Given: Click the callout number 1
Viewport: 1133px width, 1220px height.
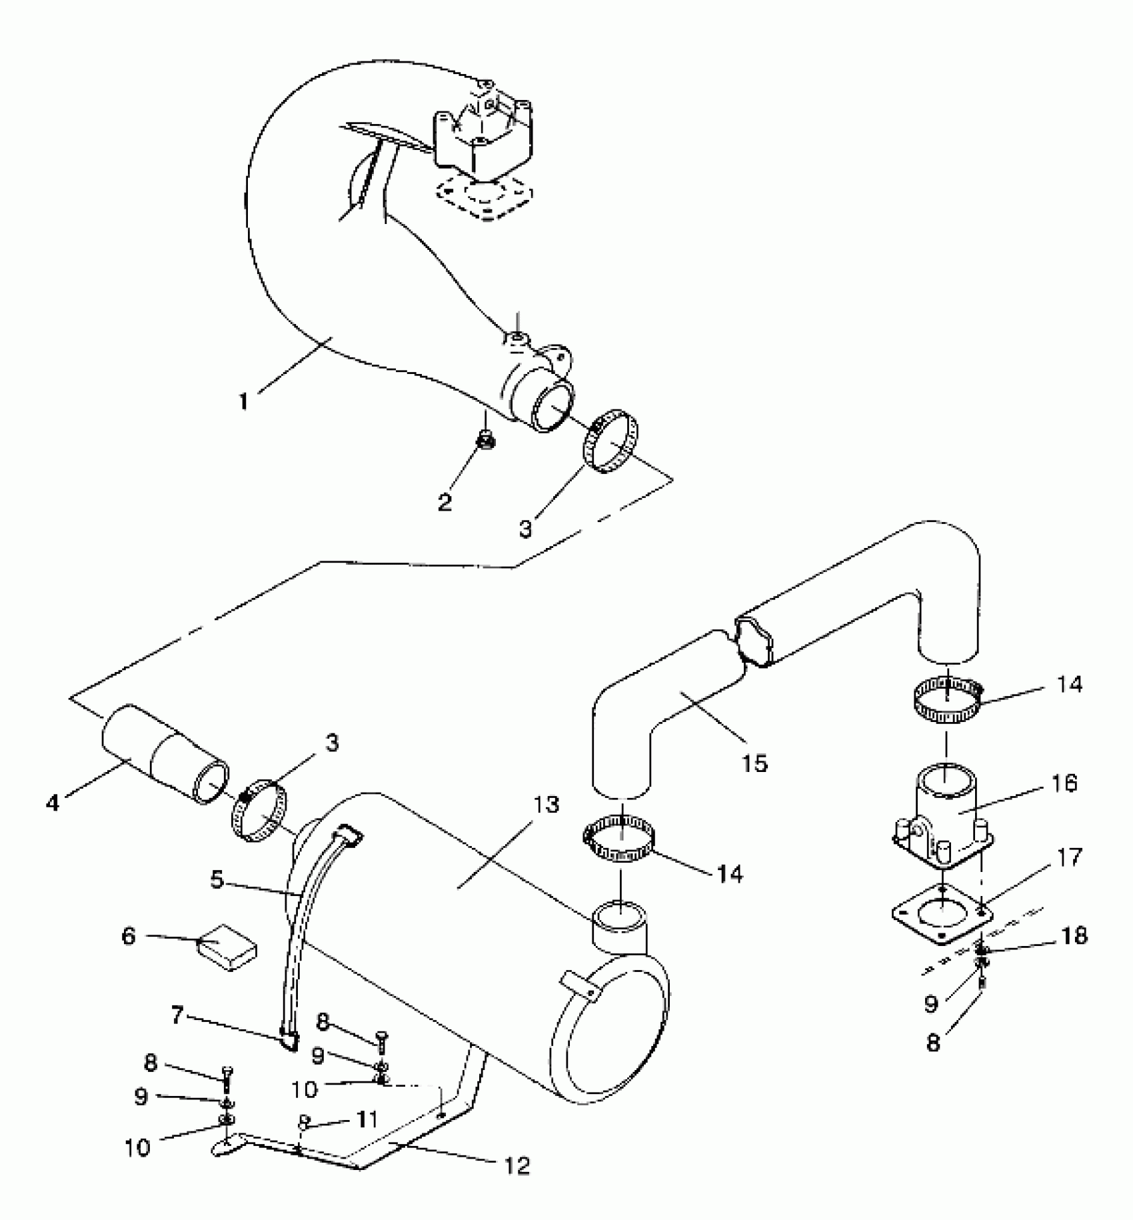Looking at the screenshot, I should point(243,401).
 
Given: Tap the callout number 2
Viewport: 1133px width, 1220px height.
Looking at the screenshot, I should point(445,502).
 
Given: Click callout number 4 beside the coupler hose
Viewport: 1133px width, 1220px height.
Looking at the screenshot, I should point(53,803).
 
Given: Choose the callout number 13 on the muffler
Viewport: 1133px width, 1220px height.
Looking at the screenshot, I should point(547,805).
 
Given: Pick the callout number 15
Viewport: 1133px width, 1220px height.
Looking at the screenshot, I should point(755,763).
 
